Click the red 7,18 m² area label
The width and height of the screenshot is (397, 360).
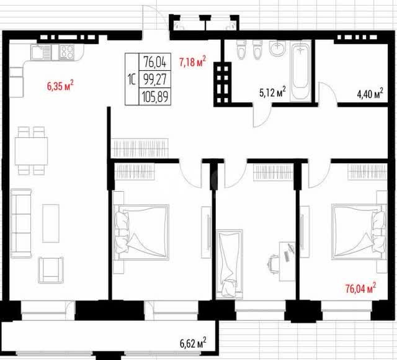click(193, 62)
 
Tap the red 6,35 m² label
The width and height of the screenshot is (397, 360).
click(60, 86)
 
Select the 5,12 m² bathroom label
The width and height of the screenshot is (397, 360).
click(273, 92)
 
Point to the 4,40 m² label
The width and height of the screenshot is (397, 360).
click(370, 94)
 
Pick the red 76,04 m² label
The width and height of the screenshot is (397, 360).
click(360, 288)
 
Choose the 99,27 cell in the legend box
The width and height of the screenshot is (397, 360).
click(155, 79)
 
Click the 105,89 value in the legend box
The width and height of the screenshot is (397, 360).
click(155, 97)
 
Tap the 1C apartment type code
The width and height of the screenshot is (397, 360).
click(132, 79)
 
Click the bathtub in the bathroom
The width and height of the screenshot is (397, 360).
click(300, 72)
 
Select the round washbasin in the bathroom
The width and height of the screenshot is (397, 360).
click(277, 48)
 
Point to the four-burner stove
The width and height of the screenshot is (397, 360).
click(67, 52)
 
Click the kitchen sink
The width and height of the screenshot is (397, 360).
click(41, 52)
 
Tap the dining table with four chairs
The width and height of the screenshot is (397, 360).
click(32, 151)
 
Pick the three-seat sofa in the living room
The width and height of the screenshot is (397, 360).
click(21, 223)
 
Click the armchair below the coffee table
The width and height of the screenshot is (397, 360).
click(51, 270)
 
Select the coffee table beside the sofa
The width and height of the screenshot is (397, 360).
click(51, 223)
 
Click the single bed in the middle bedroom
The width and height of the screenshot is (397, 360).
click(230, 264)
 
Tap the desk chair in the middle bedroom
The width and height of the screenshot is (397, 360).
click(274, 264)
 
